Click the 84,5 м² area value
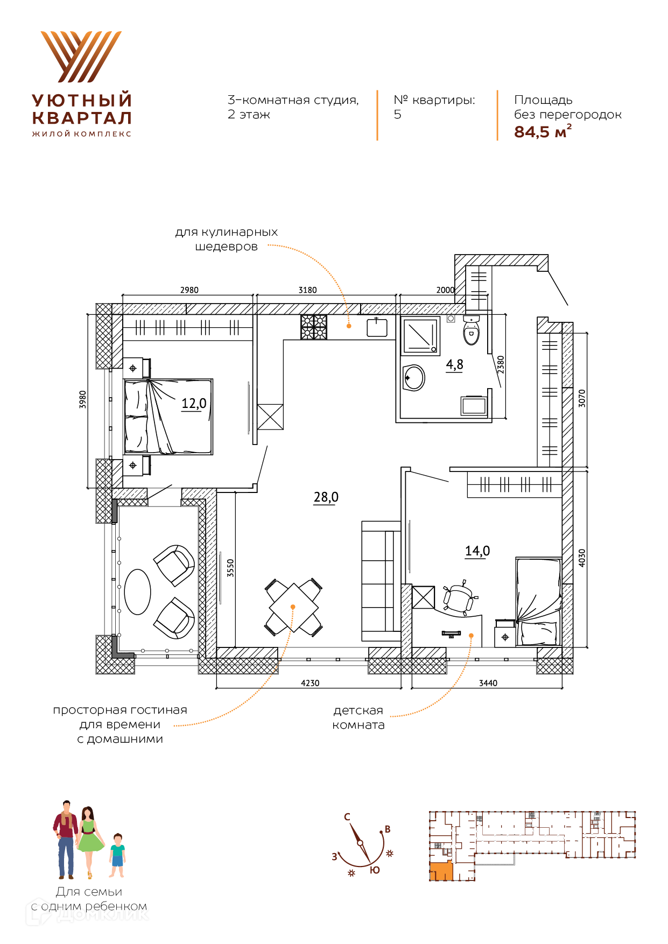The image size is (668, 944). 543,131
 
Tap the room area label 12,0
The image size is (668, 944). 194,403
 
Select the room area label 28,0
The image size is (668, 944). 326,497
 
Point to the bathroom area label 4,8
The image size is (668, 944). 454,364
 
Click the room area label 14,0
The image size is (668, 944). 477,551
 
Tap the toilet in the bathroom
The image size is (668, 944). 471,329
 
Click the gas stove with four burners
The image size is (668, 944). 313,327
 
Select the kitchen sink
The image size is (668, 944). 377,327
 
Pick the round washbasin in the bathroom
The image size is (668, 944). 414,378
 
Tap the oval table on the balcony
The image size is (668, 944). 137,592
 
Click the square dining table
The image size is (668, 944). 293,607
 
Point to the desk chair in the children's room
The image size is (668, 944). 459,597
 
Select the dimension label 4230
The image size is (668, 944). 310,683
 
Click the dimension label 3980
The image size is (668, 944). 82,399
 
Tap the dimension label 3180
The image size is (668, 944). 308,290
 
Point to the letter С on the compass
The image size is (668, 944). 347,816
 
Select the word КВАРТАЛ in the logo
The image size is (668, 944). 82,118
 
